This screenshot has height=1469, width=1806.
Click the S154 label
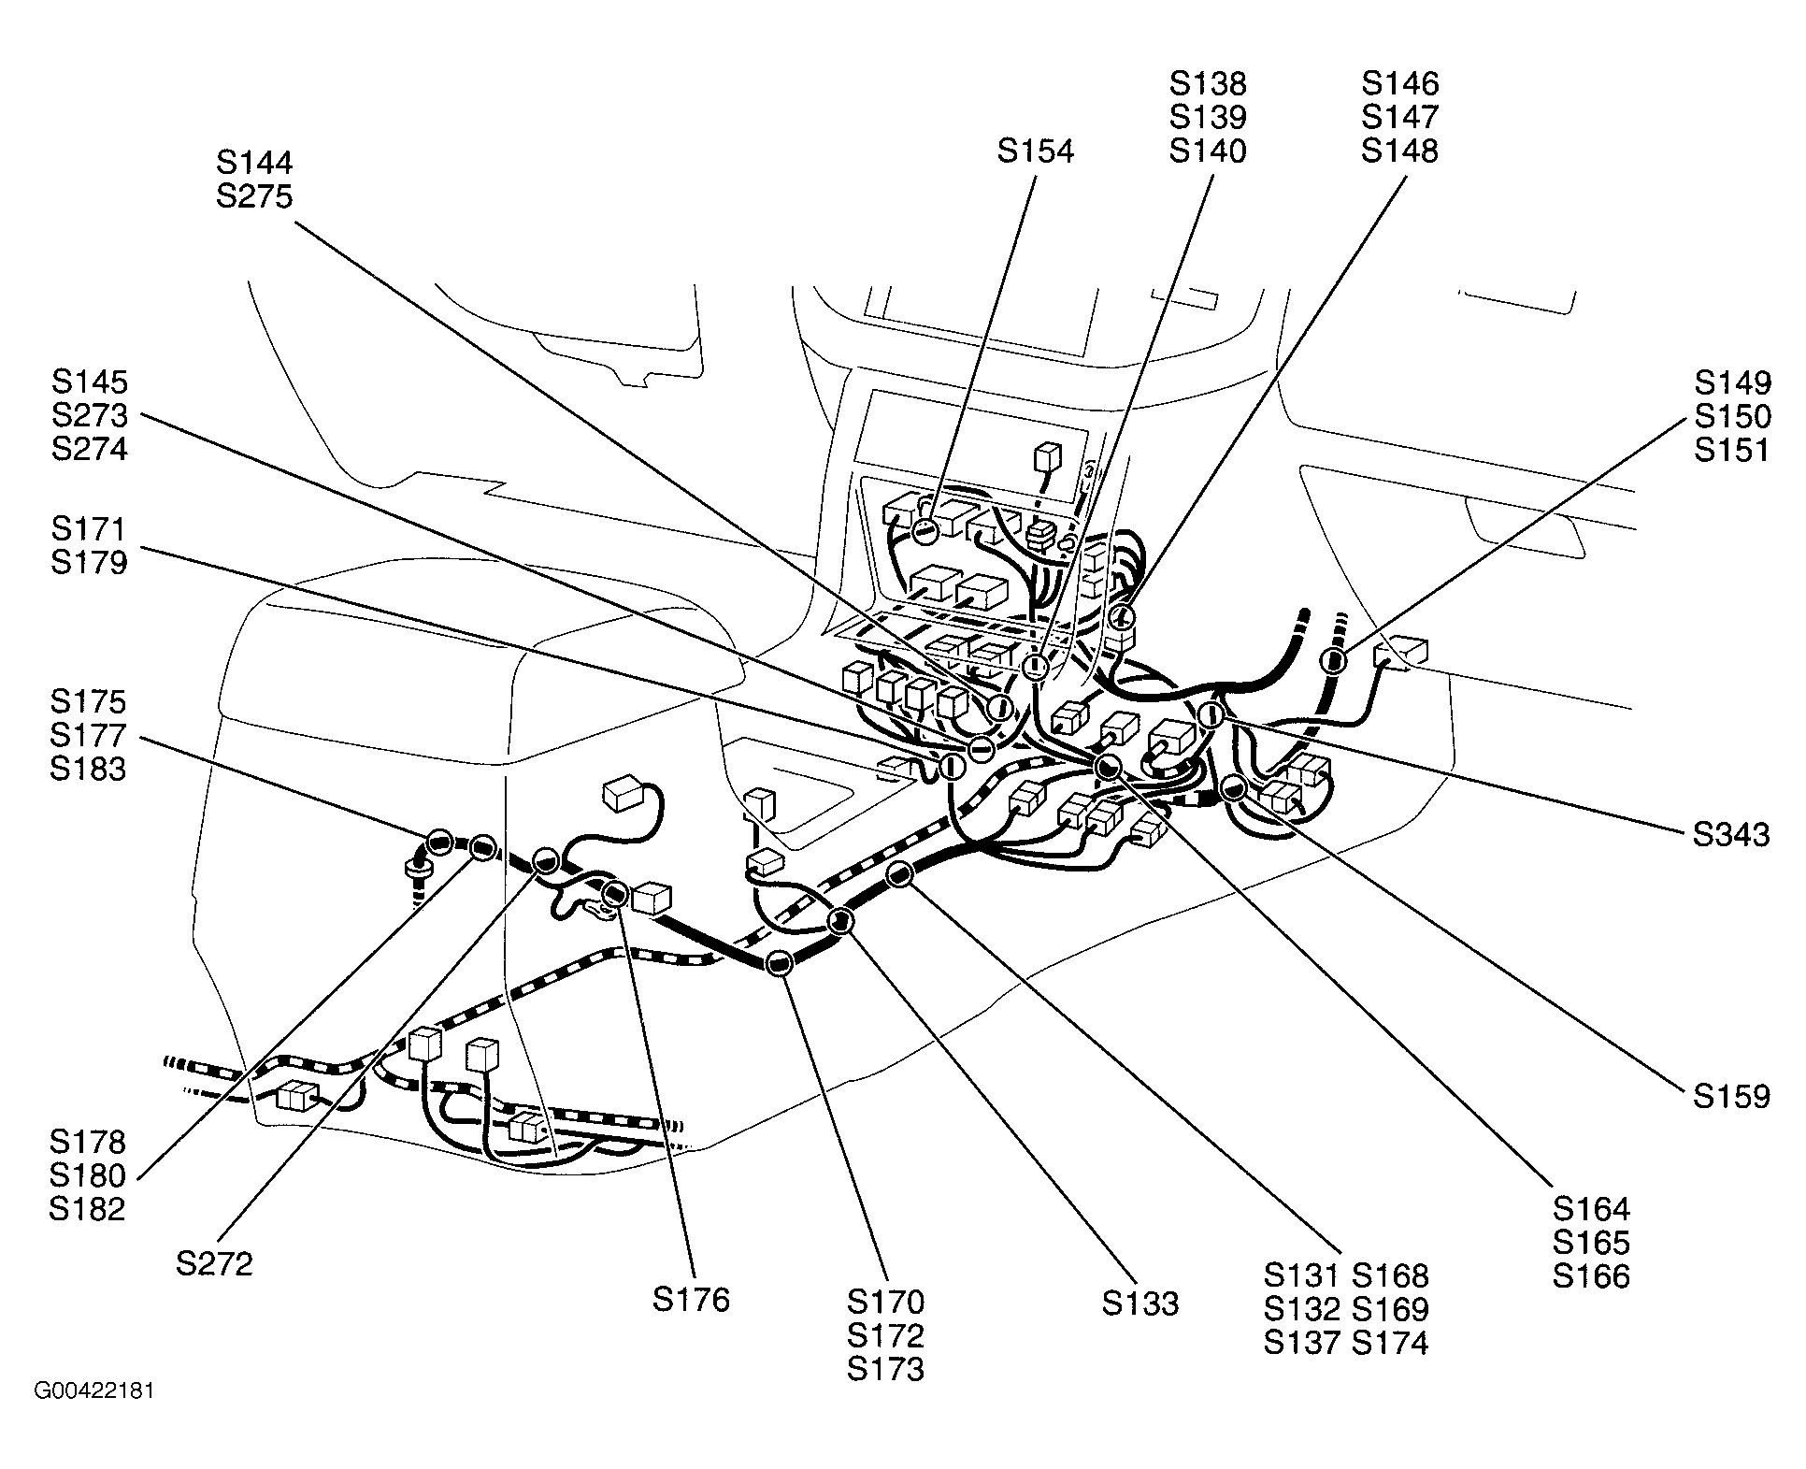click(1036, 151)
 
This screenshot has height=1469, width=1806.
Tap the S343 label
click(1731, 835)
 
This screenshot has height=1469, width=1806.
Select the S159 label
click(1731, 1097)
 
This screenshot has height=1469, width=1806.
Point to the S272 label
click(214, 1265)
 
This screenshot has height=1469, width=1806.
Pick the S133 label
click(1140, 1304)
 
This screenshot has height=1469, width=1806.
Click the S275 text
click(254, 196)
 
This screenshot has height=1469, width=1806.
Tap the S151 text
click(1732, 450)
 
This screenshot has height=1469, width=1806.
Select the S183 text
click(89, 769)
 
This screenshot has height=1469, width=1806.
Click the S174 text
click(1391, 1344)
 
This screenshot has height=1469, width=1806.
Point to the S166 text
click(1591, 1276)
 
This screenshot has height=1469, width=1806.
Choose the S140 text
click(1208, 151)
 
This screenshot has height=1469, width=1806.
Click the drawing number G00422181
click(94, 1391)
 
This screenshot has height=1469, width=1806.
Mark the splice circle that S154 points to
click(925, 531)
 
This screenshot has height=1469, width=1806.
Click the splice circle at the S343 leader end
click(1211, 715)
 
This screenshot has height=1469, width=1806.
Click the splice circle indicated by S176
click(614, 893)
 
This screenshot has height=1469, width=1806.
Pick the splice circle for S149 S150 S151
click(1333, 661)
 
